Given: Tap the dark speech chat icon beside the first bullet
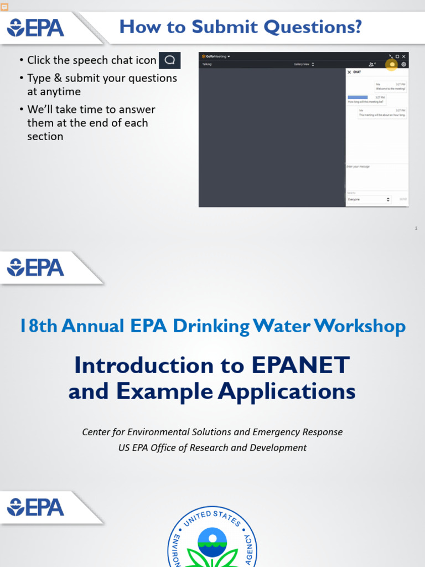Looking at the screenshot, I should (169, 60).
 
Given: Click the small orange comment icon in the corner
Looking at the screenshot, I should (4, 7).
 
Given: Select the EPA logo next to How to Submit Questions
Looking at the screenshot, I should (35, 28).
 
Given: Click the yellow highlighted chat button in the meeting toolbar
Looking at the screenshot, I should (392, 64).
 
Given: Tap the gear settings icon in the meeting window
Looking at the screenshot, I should (403, 64).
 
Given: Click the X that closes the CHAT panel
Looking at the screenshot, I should (349, 72).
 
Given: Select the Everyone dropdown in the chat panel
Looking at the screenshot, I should (369, 199).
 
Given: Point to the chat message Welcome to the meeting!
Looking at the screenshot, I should (391, 89).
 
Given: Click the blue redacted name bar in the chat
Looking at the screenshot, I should (357, 97).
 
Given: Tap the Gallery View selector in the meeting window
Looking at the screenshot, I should (304, 64).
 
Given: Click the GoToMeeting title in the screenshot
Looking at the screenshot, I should (216, 56).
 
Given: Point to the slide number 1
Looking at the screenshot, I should (416, 228).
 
